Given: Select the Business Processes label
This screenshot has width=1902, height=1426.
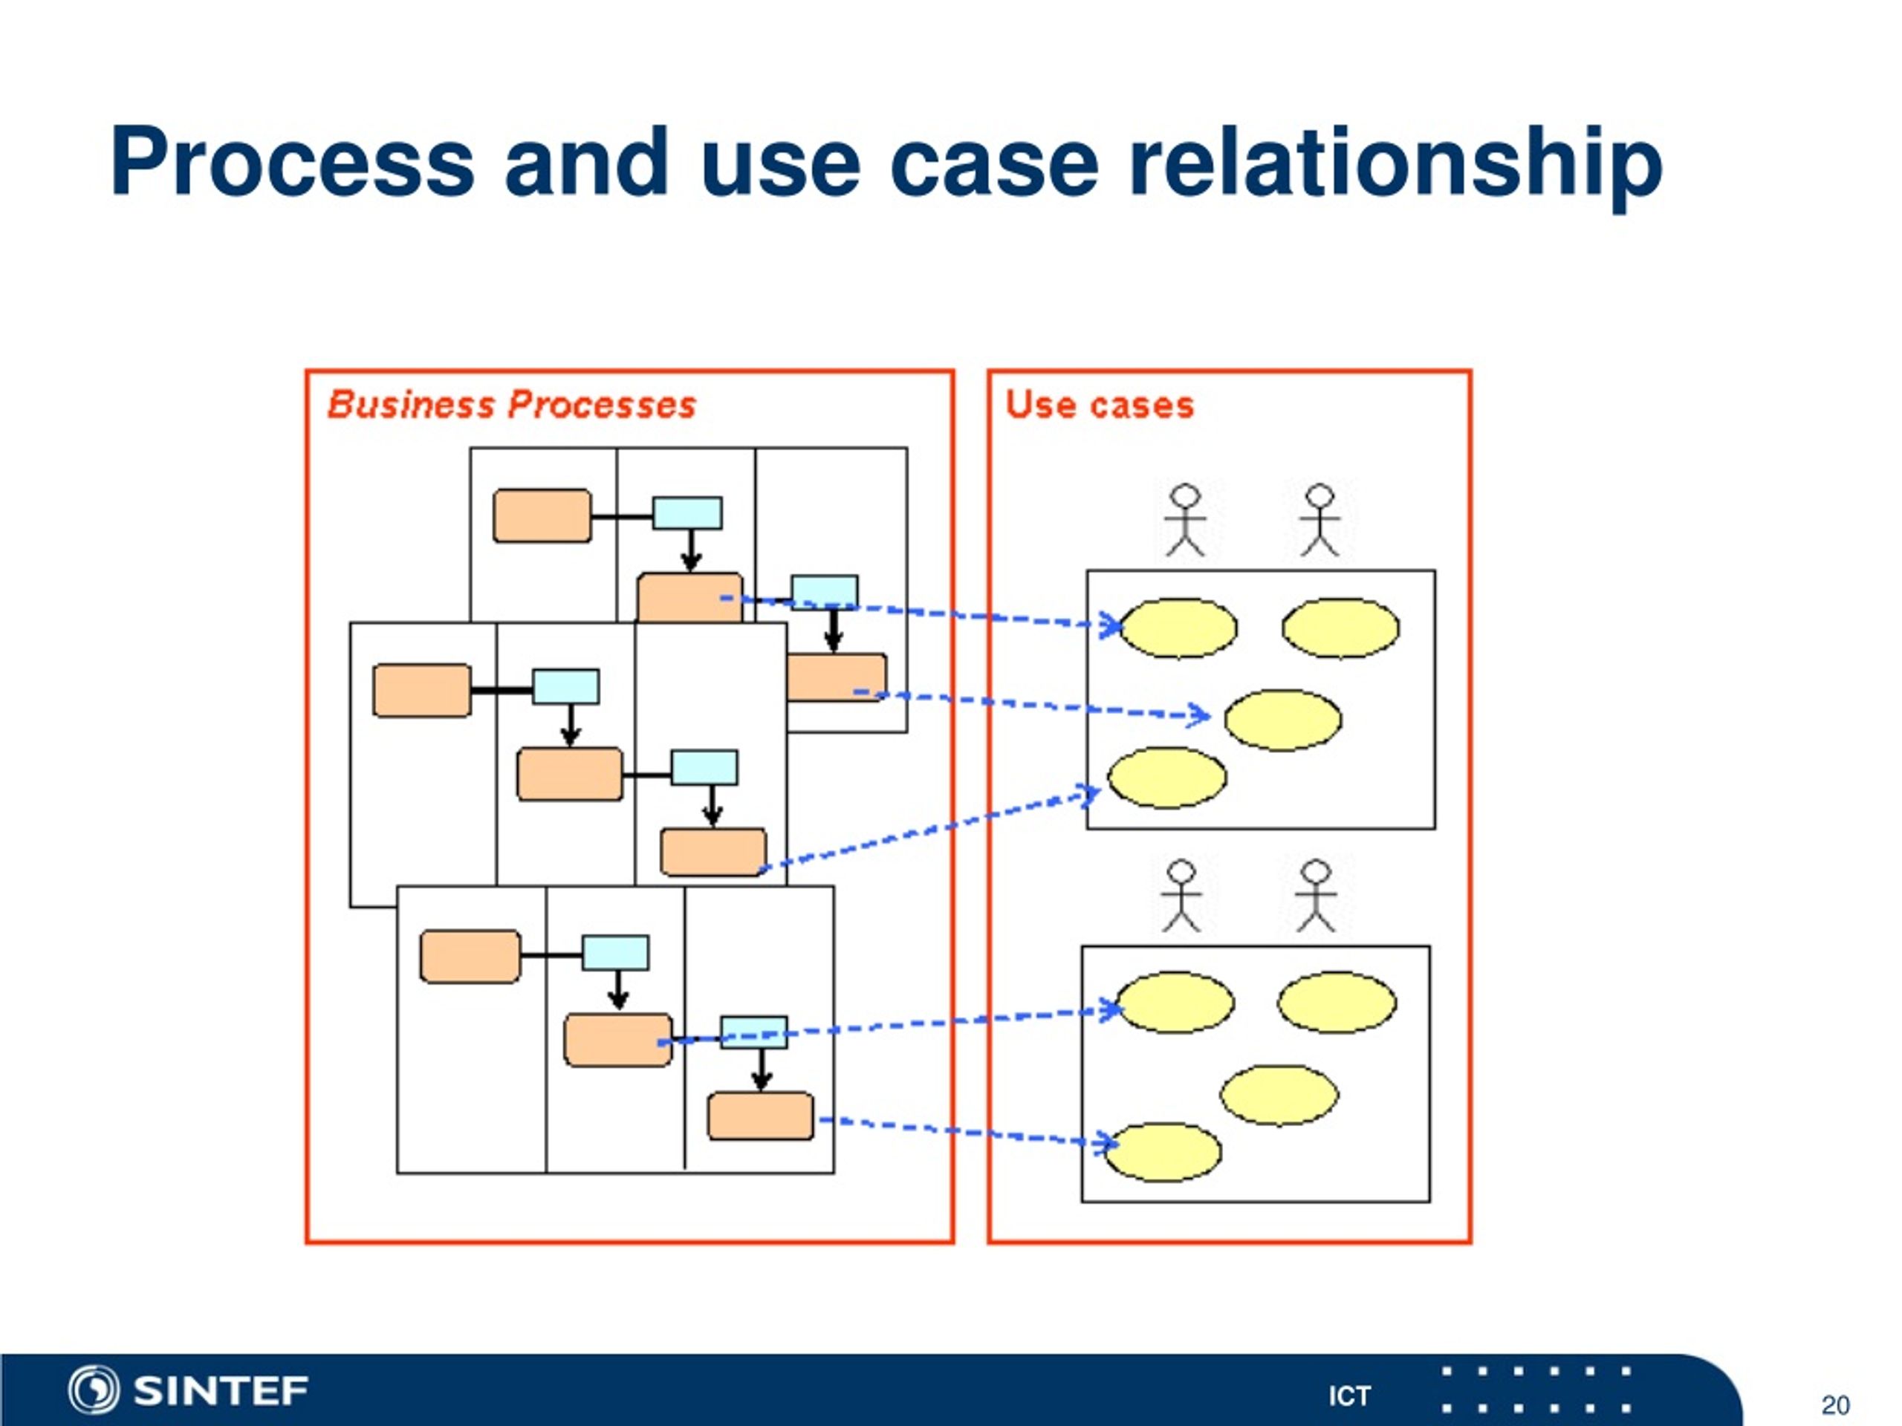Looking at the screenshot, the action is coord(512,405).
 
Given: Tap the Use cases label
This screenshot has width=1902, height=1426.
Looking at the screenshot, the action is coord(1100,405).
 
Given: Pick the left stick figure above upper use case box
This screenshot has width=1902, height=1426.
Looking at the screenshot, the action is coord(1185,520).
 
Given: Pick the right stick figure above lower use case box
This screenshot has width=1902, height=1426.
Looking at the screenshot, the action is coord(1316,896).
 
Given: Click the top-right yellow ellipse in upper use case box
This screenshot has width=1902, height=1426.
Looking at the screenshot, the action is coord(1340,628).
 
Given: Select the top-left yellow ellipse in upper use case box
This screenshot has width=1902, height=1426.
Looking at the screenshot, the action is coord(1178,628).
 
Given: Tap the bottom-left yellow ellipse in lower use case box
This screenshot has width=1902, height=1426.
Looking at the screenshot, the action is coord(1163,1152).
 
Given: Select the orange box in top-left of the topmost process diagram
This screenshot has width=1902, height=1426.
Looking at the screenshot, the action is coord(542,515).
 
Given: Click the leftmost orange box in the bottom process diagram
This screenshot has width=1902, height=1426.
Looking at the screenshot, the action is coord(470,956).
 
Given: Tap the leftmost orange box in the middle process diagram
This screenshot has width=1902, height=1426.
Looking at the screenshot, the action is coord(422,690).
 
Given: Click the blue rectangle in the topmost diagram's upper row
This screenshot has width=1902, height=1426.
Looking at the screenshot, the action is coord(687,513).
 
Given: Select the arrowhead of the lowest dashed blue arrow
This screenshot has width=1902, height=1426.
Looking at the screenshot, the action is coord(1109,1142).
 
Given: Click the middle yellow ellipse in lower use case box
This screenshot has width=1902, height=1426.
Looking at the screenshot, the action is coord(1279,1095).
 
